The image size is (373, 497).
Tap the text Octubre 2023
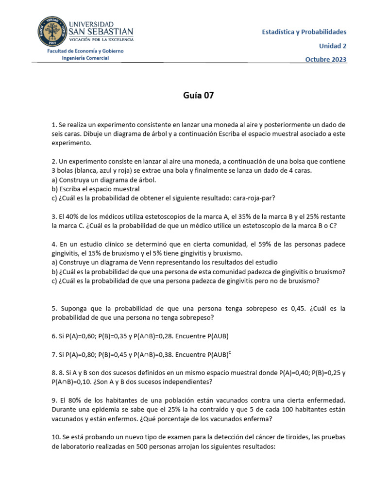[x=325, y=60]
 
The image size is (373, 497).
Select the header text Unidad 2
[x=332, y=46]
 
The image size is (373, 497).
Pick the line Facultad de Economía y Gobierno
[x=85, y=51]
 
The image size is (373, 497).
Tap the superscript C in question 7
[x=230, y=352]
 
